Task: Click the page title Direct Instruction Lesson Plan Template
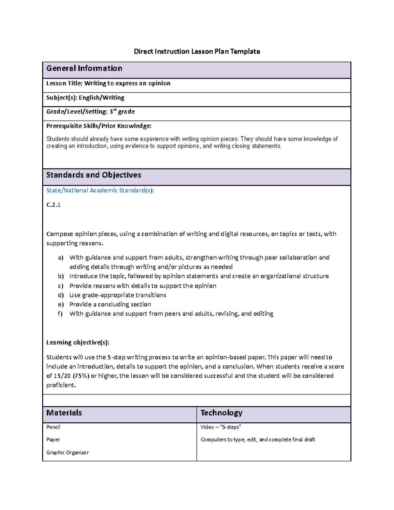(x=197, y=52)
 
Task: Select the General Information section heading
(x=84, y=68)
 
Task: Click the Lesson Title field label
(x=64, y=83)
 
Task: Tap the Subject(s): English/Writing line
(x=85, y=98)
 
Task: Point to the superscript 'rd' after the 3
(x=115, y=110)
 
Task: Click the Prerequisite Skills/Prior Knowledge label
(x=99, y=126)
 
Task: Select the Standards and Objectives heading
(x=94, y=175)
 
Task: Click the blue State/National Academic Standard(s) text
(x=100, y=190)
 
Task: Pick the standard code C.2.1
(x=53, y=205)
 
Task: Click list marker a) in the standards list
(x=60, y=258)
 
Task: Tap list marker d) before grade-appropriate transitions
(x=60, y=295)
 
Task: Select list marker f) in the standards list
(x=60, y=314)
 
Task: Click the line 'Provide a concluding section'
(x=110, y=304)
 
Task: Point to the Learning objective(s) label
(x=77, y=343)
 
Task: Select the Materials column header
(x=64, y=413)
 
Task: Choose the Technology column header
(x=221, y=413)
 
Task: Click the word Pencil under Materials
(x=53, y=427)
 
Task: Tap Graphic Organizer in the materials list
(x=68, y=453)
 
